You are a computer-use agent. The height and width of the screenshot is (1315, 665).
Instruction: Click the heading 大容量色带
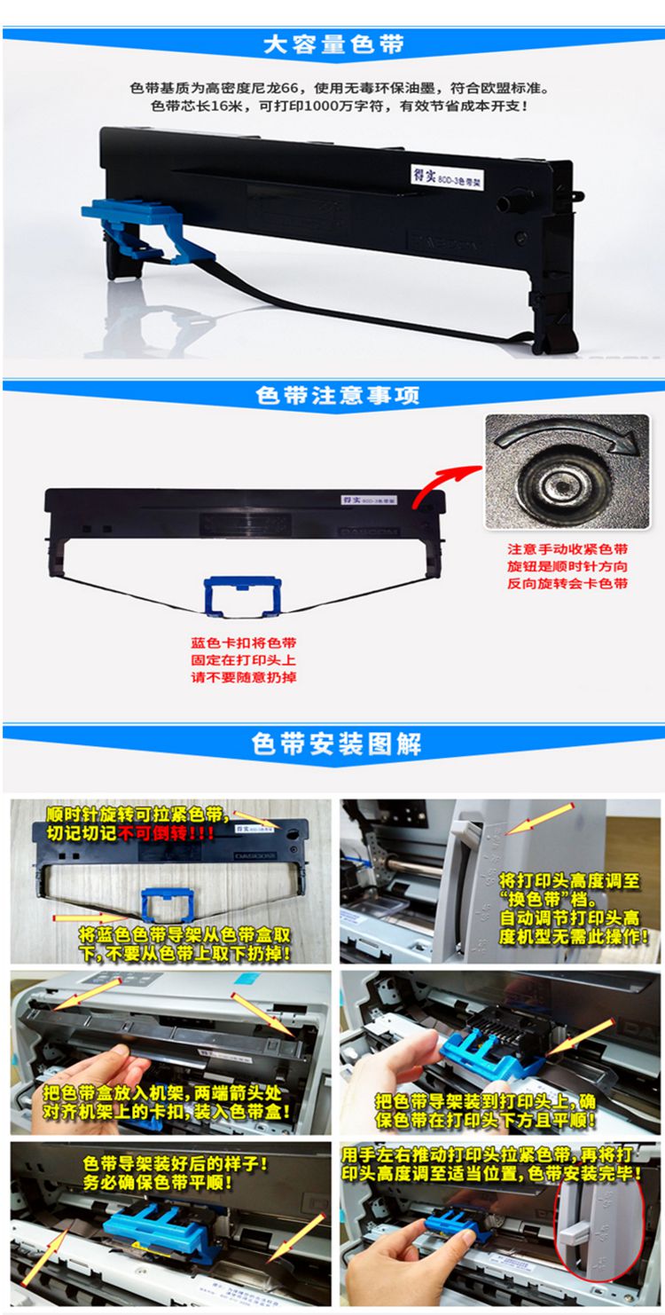pyautogui.click(x=332, y=45)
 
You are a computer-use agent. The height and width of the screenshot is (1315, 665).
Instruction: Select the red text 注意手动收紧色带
pyautogui.click(x=567, y=549)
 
